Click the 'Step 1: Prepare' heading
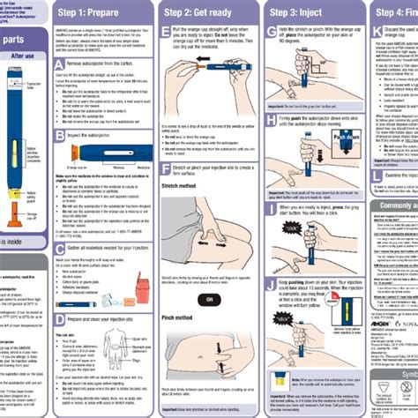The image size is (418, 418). (94, 13)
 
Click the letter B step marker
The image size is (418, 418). (60, 135)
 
